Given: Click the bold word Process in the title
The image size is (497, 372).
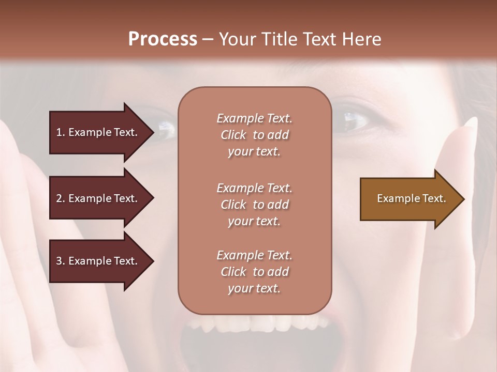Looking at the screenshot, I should (163, 39).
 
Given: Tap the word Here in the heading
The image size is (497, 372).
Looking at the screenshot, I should (362, 39).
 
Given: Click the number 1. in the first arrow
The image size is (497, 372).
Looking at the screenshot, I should (61, 132).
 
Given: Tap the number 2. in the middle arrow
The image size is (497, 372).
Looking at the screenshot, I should (61, 198).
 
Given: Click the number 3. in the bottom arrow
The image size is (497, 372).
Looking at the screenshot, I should (61, 261).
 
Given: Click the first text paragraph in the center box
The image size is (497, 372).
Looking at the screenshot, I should (254, 135).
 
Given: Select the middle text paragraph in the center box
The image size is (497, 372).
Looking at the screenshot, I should (254, 205).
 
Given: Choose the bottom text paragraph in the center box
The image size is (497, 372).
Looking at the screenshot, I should (254, 272).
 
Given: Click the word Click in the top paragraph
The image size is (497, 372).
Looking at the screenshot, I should (233, 135).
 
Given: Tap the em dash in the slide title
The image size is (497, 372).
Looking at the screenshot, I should (208, 39).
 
